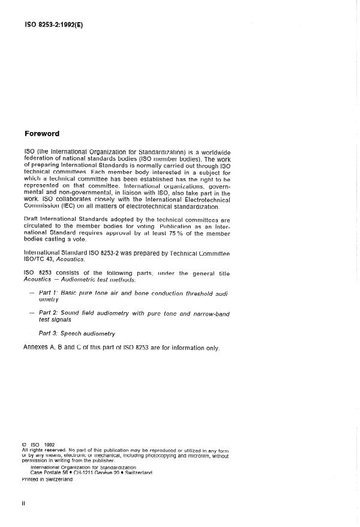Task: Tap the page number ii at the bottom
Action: coord(23,502)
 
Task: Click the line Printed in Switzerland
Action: coord(47,479)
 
